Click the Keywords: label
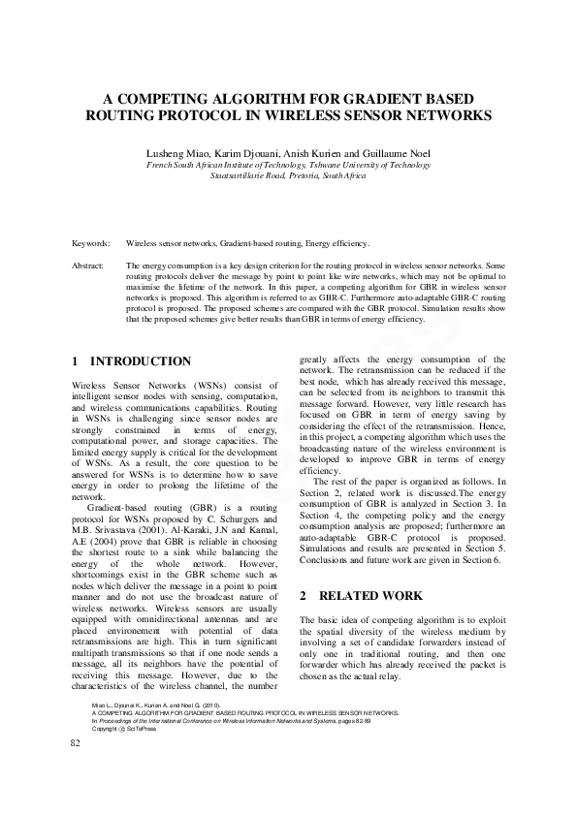pyautogui.click(x=91, y=243)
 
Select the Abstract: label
pyautogui.click(x=89, y=265)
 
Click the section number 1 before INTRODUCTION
pyautogui.click(x=77, y=361)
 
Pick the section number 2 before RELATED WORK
pyautogui.click(x=304, y=594)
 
